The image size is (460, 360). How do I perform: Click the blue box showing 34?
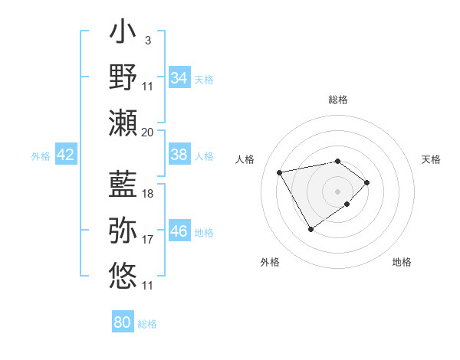[179, 78]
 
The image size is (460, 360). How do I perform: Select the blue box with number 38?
[179, 155]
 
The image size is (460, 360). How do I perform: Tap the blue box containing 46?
[179, 231]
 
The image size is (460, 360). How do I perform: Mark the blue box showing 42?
[66, 155]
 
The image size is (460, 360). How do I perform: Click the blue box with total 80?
[123, 322]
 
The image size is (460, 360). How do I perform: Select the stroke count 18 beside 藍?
[148, 194]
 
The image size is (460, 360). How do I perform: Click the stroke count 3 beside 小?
[147, 40]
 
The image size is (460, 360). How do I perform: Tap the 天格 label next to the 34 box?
[204, 79]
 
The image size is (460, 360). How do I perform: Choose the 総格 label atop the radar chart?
[337, 100]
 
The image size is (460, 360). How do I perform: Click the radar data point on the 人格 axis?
[280, 172]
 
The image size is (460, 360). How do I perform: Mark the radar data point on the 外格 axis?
[310, 229]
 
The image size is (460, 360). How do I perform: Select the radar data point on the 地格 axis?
[347, 204]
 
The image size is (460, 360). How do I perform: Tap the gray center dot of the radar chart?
[337, 191]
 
